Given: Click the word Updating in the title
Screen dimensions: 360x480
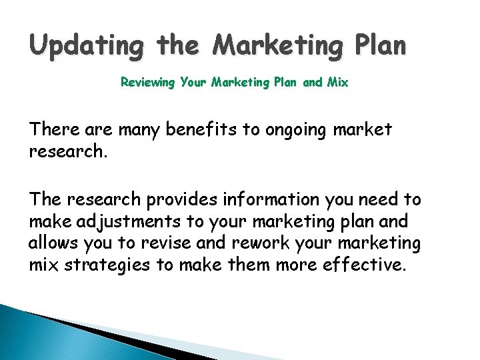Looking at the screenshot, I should [86, 46].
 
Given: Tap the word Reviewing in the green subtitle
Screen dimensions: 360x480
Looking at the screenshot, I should [148, 83].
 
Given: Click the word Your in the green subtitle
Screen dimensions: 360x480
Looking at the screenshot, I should [194, 83].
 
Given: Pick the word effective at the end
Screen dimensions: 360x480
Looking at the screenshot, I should [369, 266].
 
